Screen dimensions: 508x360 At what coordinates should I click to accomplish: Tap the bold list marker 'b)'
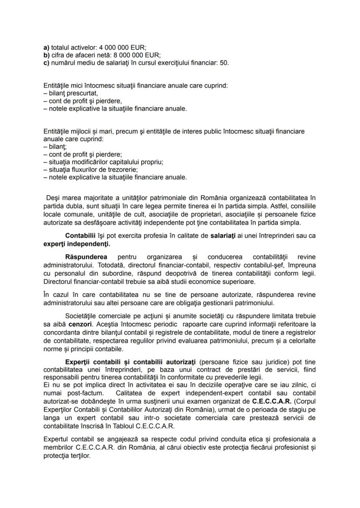pos(47,55)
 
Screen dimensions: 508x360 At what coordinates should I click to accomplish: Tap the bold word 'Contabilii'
pos(80,236)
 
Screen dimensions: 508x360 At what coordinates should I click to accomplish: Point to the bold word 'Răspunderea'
pos(86,257)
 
